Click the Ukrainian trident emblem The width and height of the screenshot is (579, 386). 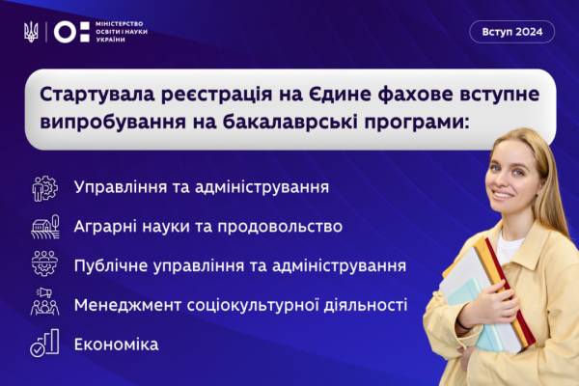pyautogui.click(x=31, y=32)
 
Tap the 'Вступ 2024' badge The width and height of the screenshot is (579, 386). pyautogui.click(x=511, y=32)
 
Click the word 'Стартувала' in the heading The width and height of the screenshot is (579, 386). pyautogui.click(x=97, y=96)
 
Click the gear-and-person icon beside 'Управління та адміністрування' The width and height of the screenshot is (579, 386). pyautogui.click(x=44, y=188)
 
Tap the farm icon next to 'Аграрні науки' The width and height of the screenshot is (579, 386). pyautogui.click(x=45, y=227)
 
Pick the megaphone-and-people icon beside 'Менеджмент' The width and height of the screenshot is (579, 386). pyautogui.click(x=44, y=302)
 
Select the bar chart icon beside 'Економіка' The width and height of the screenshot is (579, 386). pyautogui.click(x=44, y=343)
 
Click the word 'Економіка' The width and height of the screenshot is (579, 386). pyautogui.click(x=117, y=345)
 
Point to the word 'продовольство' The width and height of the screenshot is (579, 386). pyautogui.click(x=280, y=227)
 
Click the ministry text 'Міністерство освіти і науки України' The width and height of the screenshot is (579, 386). pyautogui.click(x=122, y=32)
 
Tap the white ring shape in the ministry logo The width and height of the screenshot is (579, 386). pyautogui.click(x=65, y=32)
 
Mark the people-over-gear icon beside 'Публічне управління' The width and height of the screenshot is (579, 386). pyautogui.click(x=44, y=263)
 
